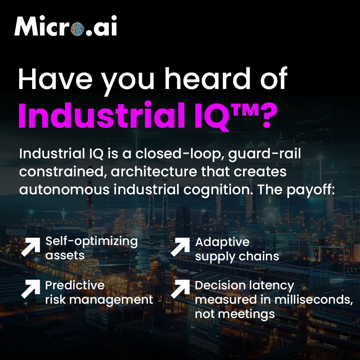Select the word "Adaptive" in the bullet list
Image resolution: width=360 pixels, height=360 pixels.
[222, 242]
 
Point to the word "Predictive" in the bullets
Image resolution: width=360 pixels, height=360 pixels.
[75, 285]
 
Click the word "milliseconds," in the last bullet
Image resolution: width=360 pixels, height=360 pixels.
[314, 300]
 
